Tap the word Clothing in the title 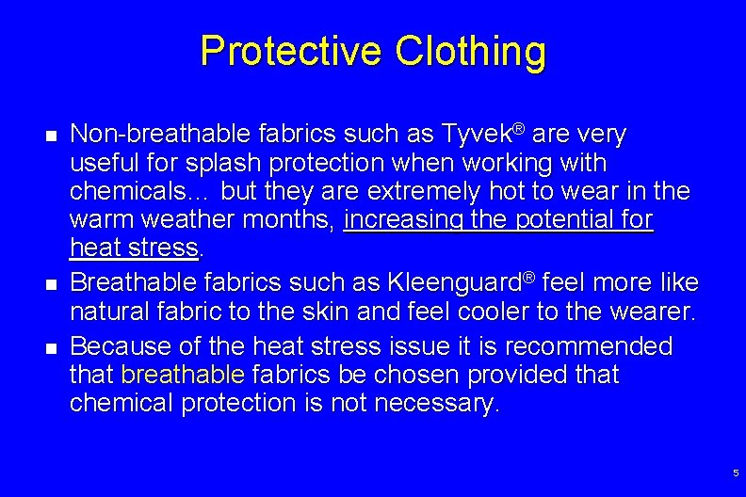click(x=470, y=52)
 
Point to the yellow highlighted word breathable click(x=183, y=375)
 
